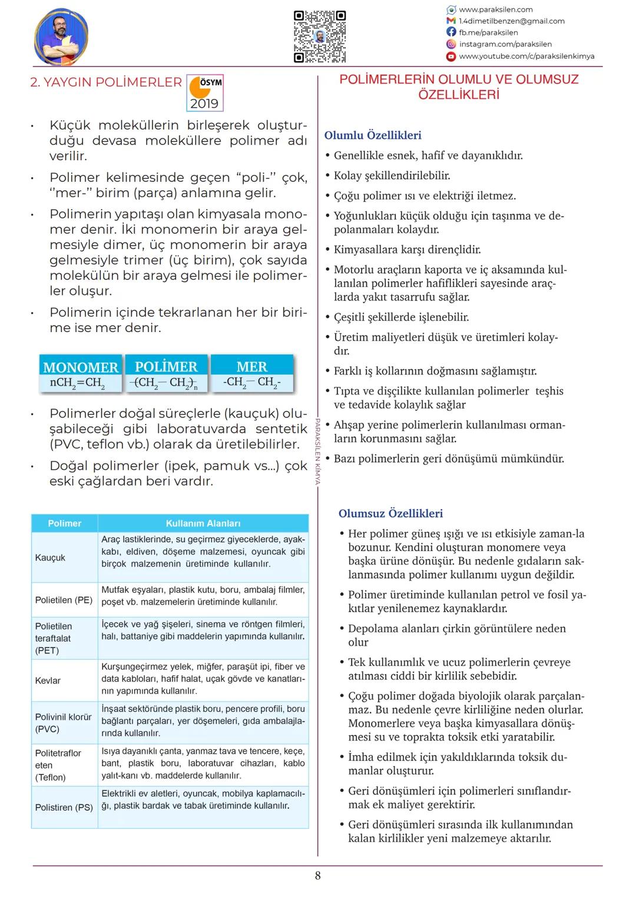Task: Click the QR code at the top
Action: pyautogui.click(x=319, y=37)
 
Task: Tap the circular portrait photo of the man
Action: pyautogui.click(x=61, y=37)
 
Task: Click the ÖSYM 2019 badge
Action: pyautogui.click(x=204, y=92)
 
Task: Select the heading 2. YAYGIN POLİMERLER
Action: pyautogui.click(x=106, y=82)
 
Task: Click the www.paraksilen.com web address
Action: pyautogui.click(x=495, y=9)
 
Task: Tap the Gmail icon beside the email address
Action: pyautogui.click(x=451, y=21)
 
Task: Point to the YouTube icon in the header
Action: pyautogui.click(x=451, y=57)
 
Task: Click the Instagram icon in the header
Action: pyautogui.click(x=451, y=44)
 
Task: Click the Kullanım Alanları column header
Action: pyautogui.click(x=203, y=523)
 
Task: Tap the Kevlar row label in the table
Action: pyautogui.click(x=48, y=681)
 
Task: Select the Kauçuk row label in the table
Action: pyautogui.click(x=50, y=558)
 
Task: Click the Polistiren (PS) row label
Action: pyautogui.click(x=64, y=808)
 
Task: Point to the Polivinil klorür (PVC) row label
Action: pyautogui.click(x=63, y=723)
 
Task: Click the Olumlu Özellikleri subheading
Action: pyautogui.click(x=373, y=135)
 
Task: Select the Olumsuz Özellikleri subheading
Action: pyautogui.click(x=390, y=513)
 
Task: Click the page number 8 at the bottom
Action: pyautogui.click(x=318, y=875)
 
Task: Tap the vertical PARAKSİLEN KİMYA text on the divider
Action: pyautogui.click(x=317, y=450)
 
